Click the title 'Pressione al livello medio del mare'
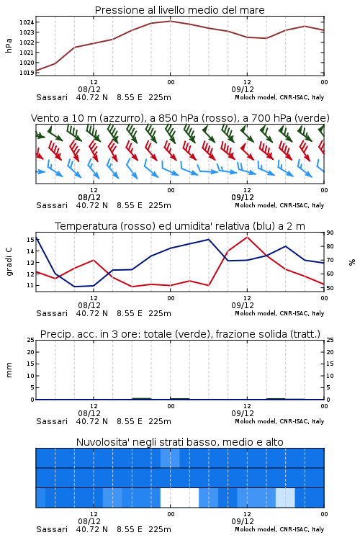click(x=179, y=10)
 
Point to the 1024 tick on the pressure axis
click(x=27, y=22)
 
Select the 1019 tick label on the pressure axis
click(x=27, y=73)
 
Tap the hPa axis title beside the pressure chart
click(x=9, y=45)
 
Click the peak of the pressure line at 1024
click(x=170, y=21)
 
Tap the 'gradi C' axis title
click(x=9, y=261)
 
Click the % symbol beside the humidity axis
click(x=352, y=262)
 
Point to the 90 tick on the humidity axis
click(x=330, y=233)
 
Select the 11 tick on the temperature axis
click(x=30, y=286)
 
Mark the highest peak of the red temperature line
click(x=247, y=237)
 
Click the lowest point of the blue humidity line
click(x=75, y=287)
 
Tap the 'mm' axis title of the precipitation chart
click(x=9, y=370)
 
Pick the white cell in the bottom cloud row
click(x=179, y=498)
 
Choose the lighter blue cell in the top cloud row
click(x=170, y=458)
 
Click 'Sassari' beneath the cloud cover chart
click(x=52, y=529)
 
